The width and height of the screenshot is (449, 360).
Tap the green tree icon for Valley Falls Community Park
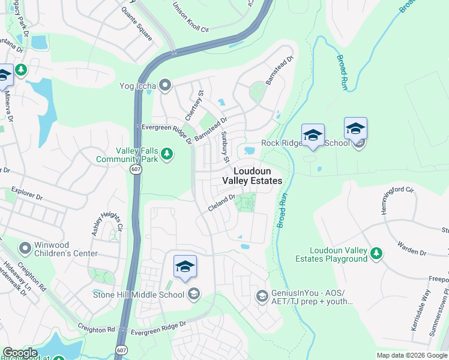(x=167, y=155)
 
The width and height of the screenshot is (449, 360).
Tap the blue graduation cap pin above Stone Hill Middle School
(x=185, y=267)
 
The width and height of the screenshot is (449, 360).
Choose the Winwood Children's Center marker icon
(x=25, y=248)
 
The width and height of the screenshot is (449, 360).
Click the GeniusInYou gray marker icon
(x=262, y=296)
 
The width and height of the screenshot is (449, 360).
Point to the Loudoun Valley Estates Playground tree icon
(x=376, y=254)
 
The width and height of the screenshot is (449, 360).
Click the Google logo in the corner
(x=20, y=353)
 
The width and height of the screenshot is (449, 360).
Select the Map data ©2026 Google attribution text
(x=412, y=355)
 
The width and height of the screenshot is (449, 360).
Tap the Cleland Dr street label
(x=221, y=200)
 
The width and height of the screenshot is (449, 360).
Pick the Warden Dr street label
(x=411, y=248)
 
